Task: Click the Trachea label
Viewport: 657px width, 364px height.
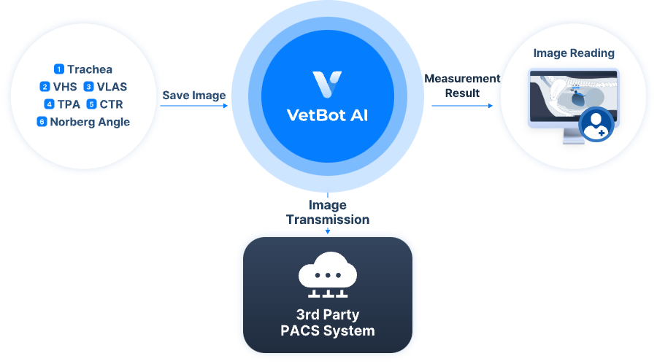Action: point(90,69)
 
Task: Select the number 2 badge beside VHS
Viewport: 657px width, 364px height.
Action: point(45,87)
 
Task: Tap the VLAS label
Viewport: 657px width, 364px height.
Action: point(112,87)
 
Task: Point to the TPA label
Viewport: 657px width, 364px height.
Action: point(69,104)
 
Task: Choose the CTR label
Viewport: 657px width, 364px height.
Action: point(111,104)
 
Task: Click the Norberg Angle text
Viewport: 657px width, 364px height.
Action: point(90,122)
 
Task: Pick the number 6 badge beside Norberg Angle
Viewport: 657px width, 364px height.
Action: point(42,122)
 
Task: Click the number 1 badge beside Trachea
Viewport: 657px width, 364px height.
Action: point(58,69)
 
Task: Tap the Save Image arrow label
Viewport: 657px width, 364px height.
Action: point(193,96)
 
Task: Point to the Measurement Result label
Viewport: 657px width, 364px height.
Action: point(462,85)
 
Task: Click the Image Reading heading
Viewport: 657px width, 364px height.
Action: point(574,53)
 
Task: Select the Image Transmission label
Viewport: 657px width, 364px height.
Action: point(327,212)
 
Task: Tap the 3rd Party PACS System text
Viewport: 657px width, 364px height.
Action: point(327,323)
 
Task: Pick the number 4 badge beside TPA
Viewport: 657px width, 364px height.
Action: point(49,104)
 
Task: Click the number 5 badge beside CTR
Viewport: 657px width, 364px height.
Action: point(91,104)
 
